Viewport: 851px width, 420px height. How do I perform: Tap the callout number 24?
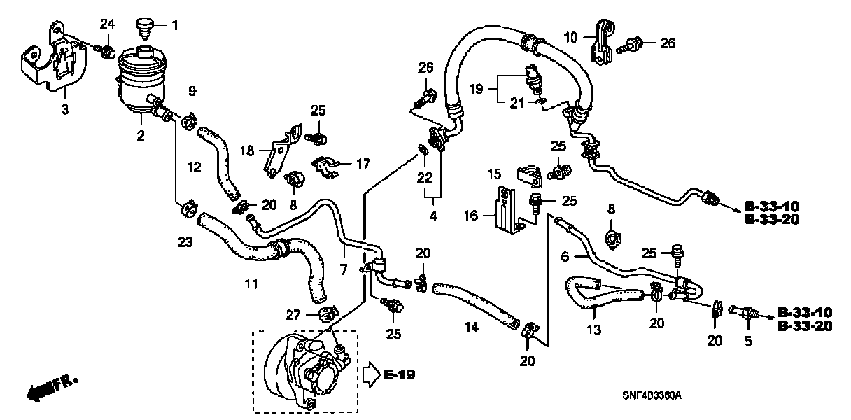tap(106, 24)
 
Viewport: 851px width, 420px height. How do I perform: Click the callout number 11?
tap(251, 283)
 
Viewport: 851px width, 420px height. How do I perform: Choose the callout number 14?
tap(472, 327)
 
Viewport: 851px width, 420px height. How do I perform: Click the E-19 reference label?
tap(398, 375)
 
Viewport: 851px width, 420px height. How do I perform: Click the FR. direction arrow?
tap(50, 387)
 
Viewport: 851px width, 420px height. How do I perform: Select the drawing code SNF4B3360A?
tap(654, 396)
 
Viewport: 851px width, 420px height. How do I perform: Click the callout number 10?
tap(570, 36)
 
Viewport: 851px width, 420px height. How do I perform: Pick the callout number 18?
tap(248, 150)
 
